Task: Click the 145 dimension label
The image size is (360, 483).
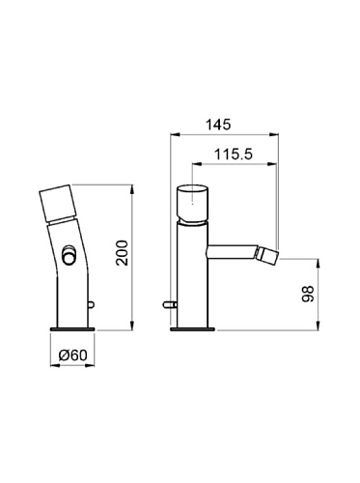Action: click(219, 125)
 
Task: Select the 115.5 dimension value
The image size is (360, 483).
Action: click(234, 155)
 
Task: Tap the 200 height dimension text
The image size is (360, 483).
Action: click(123, 253)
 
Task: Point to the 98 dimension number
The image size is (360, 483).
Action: click(307, 294)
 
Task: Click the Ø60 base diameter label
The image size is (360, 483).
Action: click(72, 355)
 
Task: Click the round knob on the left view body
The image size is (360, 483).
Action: click(69, 255)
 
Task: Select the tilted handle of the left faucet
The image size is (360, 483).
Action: click(58, 204)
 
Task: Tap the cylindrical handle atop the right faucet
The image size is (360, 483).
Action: click(192, 204)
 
